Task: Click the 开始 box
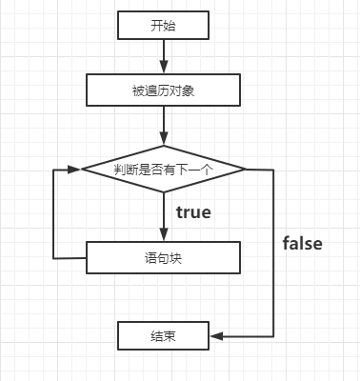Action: (163, 26)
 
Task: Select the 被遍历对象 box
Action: (163, 91)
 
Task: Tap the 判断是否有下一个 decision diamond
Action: (163, 169)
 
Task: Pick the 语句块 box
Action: (163, 256)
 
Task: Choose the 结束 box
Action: (163, 335)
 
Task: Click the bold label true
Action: (193, 211)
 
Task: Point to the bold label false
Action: (303, 243)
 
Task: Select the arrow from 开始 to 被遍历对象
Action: (164, 57)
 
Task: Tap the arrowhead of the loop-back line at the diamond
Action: (75, 169)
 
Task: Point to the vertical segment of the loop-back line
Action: (53, 213)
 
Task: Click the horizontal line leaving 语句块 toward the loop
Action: (70, 257)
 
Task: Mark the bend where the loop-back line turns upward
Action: (53, 257)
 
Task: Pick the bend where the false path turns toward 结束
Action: (274, 335)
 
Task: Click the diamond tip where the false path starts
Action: (246, 169)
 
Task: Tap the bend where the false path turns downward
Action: (274, 170)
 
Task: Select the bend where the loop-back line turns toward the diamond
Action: (53, 169)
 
